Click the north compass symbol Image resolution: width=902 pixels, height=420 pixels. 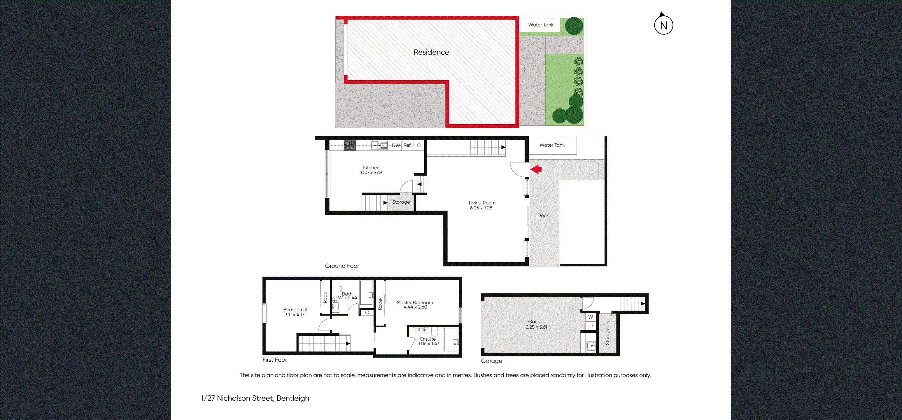(663, 25)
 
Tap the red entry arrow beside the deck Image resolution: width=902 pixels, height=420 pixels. (536, 169)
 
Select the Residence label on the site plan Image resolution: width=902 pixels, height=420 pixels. (431, 52)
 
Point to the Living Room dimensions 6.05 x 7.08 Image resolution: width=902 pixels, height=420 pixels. (481, 208)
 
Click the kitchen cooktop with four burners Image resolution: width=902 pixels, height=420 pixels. (349, 145)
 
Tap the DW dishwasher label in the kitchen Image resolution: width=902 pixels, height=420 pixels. (396, 145)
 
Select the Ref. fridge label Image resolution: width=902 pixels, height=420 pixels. (407, 145)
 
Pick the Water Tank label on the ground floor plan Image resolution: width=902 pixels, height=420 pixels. (552, 145)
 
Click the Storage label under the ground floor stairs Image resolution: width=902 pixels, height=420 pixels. (401, 202)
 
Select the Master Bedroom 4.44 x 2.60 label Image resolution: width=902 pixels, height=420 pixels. (415, 305)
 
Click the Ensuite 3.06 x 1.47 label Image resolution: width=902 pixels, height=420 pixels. (428, 341)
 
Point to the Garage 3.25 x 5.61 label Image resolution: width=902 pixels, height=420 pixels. (536, 324)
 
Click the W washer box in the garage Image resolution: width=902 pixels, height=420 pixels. (591, 317)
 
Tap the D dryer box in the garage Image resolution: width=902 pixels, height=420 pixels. (591, 326)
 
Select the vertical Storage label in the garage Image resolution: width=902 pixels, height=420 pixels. (607, 336)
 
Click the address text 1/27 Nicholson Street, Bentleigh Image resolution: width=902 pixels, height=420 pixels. (255, 398)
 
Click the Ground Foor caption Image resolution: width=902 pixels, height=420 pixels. (342, 266)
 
